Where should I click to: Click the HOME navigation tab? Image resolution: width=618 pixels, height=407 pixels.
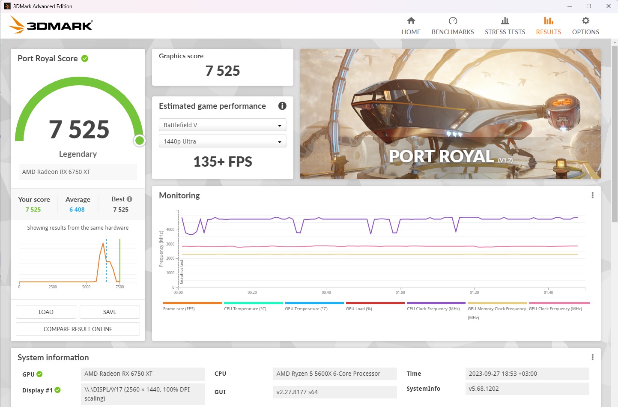point(411,26)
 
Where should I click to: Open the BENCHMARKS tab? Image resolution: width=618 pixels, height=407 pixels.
point(453,26)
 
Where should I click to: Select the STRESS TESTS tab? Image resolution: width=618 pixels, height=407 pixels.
point(505,26)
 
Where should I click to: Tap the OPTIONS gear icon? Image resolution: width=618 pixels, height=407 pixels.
point(585,21)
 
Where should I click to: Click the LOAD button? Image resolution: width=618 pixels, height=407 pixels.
point(46,312)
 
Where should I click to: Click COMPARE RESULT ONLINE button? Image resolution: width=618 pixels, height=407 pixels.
point(78,329)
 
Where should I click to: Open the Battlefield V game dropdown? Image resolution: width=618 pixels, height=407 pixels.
point(222,125)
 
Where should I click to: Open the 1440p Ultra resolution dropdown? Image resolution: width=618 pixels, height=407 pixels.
point(222,141)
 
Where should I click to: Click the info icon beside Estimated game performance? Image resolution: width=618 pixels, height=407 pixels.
point(282,106)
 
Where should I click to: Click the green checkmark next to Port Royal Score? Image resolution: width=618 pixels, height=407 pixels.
point(85,58)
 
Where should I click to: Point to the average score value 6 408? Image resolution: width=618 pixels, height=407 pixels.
point(77,209)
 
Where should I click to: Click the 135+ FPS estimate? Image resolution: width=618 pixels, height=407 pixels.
point(223,162)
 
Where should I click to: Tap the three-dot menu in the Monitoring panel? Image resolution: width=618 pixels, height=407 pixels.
point(592,195)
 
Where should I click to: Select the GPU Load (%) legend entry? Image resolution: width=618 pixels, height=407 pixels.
point(359,308)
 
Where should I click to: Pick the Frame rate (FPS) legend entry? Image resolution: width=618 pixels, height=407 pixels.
point(179,308)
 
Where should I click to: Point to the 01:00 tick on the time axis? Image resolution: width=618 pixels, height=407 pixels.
point(400,292)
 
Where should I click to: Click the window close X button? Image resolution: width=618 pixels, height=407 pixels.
point(608,6)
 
